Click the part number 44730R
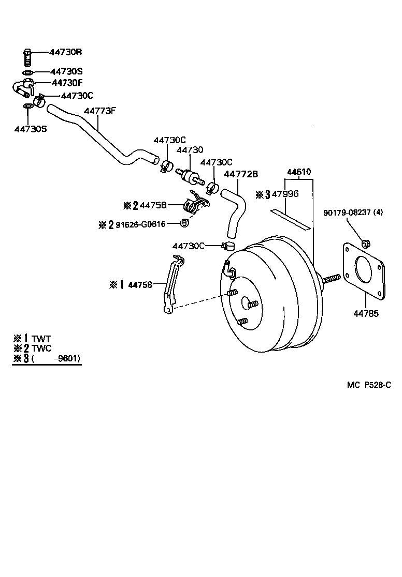(66, 52)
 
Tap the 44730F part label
(67, 82)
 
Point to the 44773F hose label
(100, 111)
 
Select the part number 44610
(299, 171)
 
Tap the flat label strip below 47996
(289, 218)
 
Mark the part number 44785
(366, 313)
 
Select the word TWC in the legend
(41, 349)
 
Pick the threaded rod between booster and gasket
(331, 279)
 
